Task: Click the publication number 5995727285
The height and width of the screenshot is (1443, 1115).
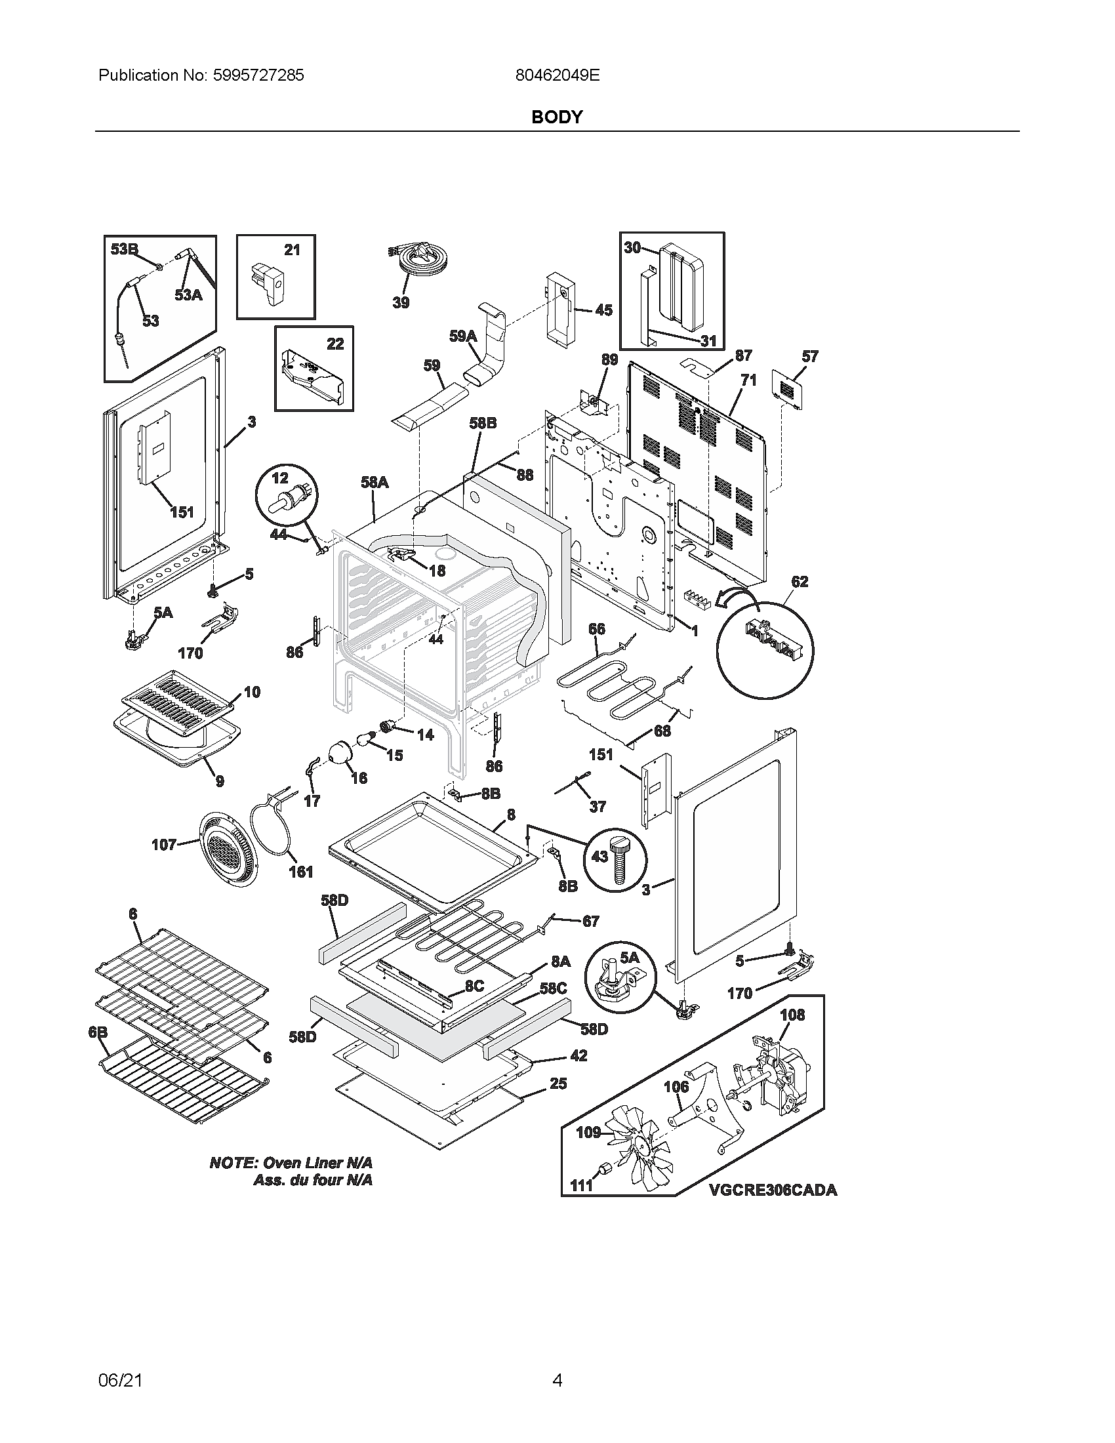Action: (x=259, y=75)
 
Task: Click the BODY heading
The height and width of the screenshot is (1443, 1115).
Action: (x=557, y=117)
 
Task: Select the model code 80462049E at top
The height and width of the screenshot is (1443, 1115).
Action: (x=557, y=75)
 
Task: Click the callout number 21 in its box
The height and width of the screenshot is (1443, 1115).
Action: (x=292, y=250)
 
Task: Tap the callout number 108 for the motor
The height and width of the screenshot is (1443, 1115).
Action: (x=792, y=1015)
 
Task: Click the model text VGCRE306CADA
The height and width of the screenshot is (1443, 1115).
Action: (x=773, y=1190)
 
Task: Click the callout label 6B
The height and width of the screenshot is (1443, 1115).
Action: (x=98, y=1033)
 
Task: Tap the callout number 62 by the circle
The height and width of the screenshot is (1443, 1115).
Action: (x=800, y=581)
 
